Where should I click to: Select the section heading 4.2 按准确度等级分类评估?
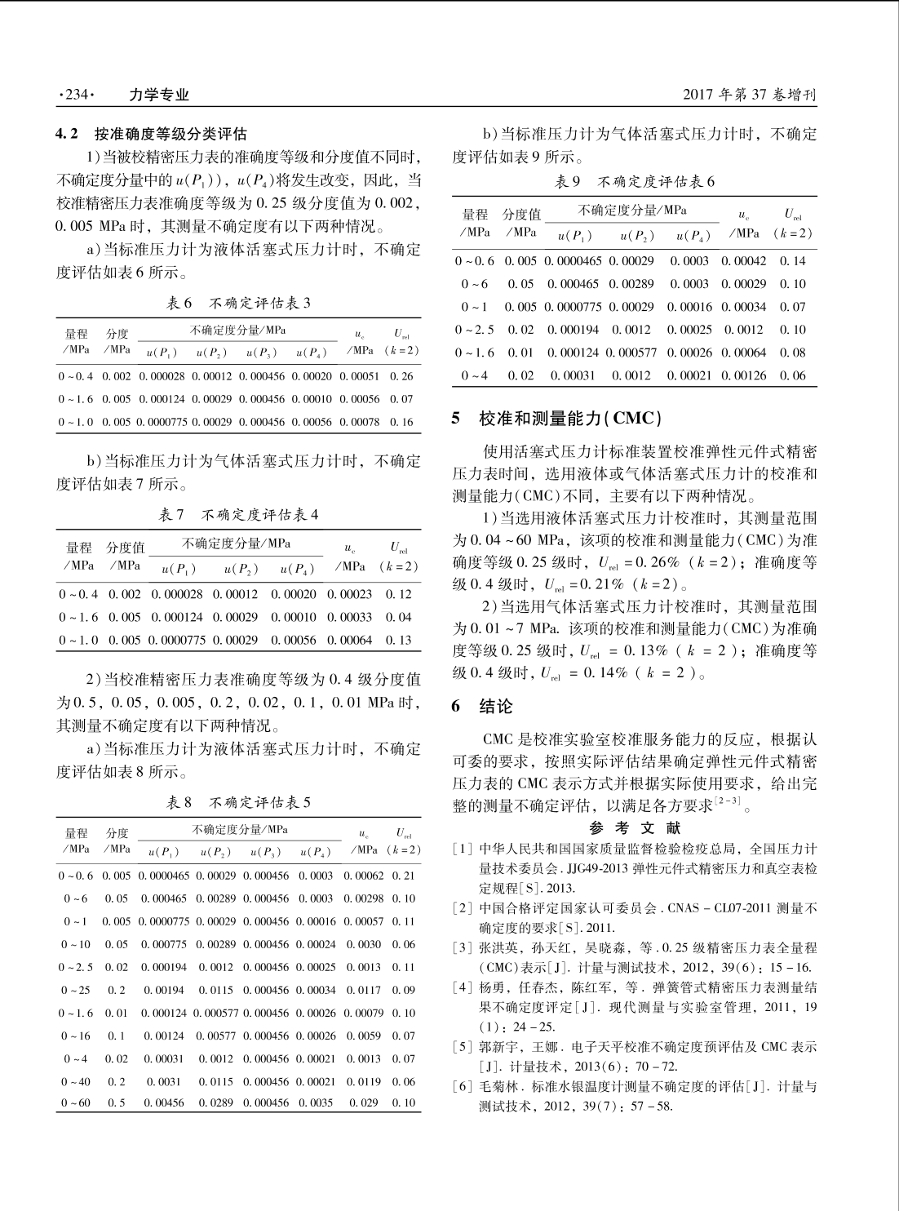click(151, 133)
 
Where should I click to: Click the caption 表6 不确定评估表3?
click(238, 304)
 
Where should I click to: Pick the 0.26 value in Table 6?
click(401, 376)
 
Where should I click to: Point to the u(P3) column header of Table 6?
click(262, 353)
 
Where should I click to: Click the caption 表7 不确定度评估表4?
click(238, 516)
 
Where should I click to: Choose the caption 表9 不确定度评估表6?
click(635, 182)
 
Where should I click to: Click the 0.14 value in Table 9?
click(792, 261)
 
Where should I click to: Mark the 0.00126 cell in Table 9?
click(744, 375)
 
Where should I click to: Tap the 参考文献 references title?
click(634, 827)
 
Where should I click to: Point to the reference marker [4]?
click(463, 987)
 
